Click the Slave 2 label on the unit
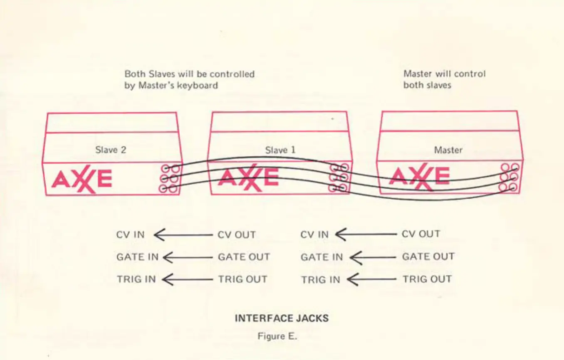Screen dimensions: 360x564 111,150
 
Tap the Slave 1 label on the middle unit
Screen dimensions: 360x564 280,150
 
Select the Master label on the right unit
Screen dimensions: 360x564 448,150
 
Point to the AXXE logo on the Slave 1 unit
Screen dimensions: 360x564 248,178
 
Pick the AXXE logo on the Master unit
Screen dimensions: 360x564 419,177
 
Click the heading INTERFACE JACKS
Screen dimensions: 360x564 282,318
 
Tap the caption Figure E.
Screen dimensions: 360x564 277,336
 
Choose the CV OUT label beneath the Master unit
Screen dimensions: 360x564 421,234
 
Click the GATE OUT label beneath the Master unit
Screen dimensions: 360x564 428,256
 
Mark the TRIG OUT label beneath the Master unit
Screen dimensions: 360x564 427,279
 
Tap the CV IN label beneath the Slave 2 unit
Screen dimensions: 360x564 130,234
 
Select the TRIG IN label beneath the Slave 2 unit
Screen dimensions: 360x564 136,279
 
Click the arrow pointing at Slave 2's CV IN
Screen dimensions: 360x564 183,235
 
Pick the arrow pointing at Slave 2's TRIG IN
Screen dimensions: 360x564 187,280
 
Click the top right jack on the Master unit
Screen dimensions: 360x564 515,167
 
